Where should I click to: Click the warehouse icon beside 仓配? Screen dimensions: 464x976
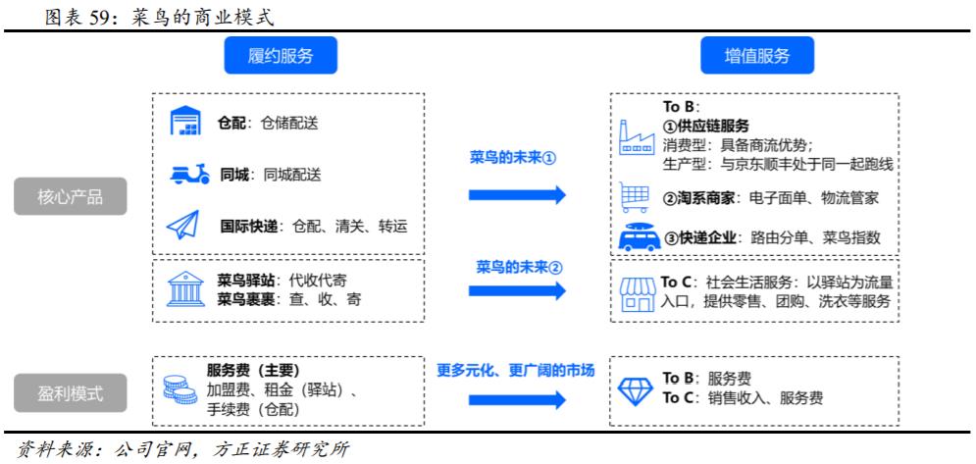click(x=185, y=124)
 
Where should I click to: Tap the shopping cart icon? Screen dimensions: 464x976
click(x=635, y=197)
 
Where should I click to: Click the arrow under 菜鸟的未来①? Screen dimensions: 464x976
click(x=517, y=194)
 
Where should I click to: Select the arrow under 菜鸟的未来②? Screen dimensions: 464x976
click(x=517, y=290)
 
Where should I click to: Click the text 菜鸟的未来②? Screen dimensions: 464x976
click(x=516, y=267)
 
